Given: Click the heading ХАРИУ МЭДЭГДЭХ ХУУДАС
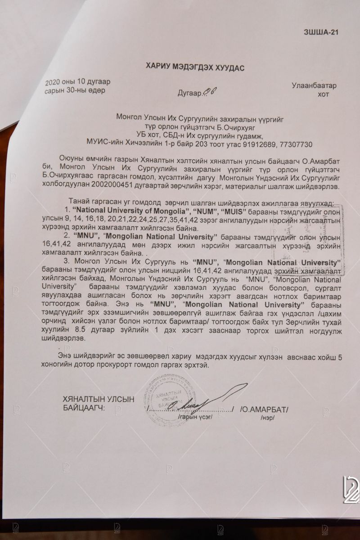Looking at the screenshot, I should coord(195,67).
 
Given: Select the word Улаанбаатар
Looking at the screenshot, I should coord(314,85).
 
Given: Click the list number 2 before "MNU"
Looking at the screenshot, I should coord(66,234).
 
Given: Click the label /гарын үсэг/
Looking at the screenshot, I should coord(196,417).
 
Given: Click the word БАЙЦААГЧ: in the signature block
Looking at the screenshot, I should coord(84,408).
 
